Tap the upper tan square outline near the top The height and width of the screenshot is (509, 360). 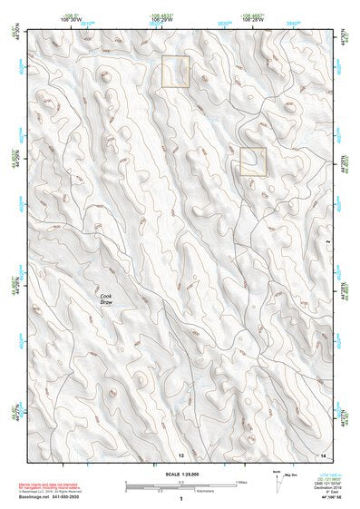pyautogui.click(x=175, y=72)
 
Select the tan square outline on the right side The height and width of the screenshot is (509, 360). pyautogui.click(x=253, y=162)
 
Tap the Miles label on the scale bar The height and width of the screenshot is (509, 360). pyautogui.click(x=239, y=481)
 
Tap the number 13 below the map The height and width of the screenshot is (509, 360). pyautogui.click(x=180, y=453)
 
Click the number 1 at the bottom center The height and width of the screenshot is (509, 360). pyautogui.click(x=180, y=500)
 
